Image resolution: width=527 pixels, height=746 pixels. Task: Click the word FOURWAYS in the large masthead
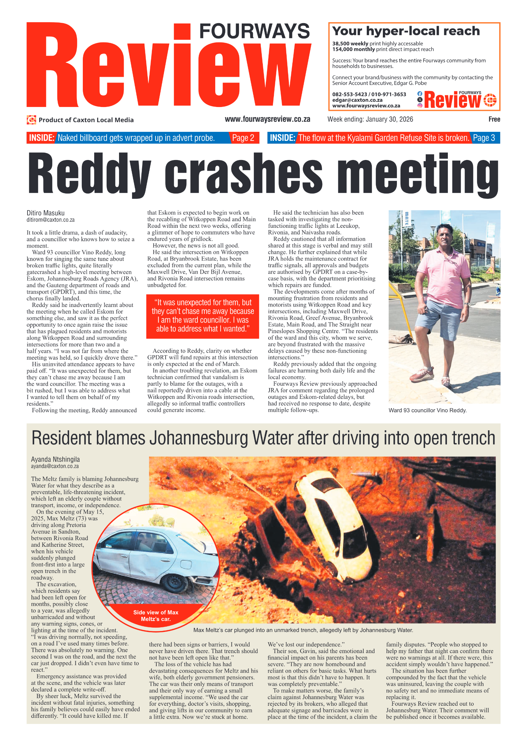click(254, 31)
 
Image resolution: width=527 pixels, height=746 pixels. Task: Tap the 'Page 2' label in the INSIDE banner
click(243, 138)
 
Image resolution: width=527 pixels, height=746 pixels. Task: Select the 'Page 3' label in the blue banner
click(484, 138)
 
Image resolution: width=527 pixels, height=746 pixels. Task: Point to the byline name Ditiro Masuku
click(46, 213)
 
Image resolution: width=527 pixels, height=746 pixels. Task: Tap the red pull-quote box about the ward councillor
click(202, 316)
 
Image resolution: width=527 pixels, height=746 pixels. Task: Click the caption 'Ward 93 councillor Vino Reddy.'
click(427, 410)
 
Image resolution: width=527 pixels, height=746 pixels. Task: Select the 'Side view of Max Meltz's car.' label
click(156, 616)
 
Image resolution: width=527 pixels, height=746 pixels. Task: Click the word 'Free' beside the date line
click(494, 119)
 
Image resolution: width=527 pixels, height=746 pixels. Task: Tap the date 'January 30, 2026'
click(389, 119)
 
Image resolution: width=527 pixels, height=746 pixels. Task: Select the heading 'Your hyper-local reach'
click(406, 31)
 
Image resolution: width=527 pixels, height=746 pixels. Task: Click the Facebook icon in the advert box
click(420, 94)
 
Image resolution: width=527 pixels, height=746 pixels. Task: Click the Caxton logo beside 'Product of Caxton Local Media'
click(32, 120)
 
